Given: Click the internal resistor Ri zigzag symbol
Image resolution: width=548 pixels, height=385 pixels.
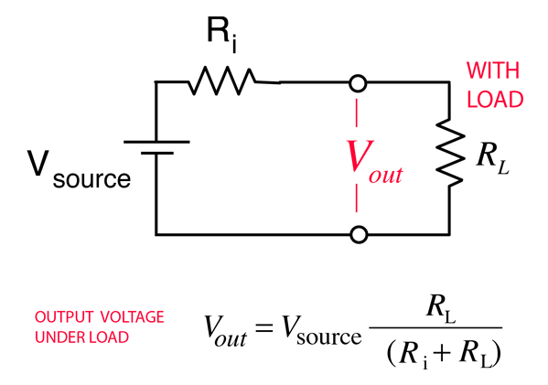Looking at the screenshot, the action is click(222, 80).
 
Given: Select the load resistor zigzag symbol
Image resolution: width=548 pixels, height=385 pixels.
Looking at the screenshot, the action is click(450, 153).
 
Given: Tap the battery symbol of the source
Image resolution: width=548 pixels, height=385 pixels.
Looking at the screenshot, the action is click(156, 147).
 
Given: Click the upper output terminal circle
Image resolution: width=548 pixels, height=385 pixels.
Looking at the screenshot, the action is click(359, 84).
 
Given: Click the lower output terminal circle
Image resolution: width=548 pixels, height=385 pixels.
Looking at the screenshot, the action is click(359, 234).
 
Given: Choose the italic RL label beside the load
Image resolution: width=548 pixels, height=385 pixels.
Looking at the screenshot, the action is click(492, 159).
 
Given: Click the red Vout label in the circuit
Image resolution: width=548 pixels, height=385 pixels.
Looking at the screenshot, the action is click(374, 161).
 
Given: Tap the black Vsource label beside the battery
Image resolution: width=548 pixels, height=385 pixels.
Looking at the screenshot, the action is click(79, 169).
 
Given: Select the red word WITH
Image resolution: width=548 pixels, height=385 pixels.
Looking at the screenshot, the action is click(493, 70).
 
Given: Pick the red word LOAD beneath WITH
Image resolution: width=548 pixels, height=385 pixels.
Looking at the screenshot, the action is click(495, 99).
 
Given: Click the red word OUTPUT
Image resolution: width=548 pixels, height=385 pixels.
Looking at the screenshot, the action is click(64, 317).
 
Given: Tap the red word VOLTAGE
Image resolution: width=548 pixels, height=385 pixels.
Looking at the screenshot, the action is click(133, 317).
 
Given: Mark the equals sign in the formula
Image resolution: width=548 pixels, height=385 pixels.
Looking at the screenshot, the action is click(263, 327).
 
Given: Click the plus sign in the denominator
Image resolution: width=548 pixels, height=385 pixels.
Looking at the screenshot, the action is click(443, 353).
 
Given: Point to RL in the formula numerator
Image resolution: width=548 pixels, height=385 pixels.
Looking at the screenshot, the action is click(441, 307).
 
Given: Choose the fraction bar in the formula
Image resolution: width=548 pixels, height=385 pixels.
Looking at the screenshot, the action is click(435, 327).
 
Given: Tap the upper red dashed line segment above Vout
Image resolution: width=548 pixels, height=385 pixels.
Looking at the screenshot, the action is click(357, 112).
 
